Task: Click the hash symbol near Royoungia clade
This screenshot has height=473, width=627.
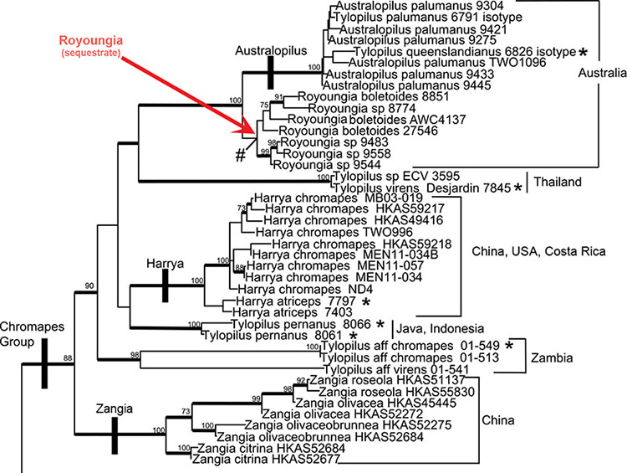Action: pos(240,154)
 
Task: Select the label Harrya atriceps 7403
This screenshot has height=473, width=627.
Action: pos(270,311)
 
